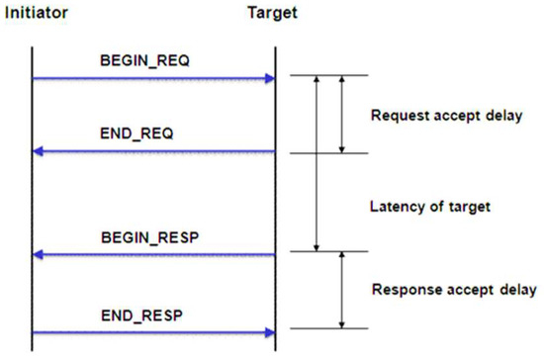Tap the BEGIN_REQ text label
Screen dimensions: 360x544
pos(146,59)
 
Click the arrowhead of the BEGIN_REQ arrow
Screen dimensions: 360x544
pos(268,77)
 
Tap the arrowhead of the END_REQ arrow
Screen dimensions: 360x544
pos(39,152)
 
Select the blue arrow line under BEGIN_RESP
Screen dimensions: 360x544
pos(153,255)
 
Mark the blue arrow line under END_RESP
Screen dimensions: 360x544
pos(153,330)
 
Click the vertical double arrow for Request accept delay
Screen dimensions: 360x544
pos(341,114)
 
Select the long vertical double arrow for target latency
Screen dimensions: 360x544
pos(316,163)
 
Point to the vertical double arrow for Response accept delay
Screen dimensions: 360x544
pos(341,291)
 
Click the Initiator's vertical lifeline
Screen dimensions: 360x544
pos(32,198)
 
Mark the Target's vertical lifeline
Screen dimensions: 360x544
pos(275,198)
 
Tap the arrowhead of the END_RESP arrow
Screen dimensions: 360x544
pos(268,330)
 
